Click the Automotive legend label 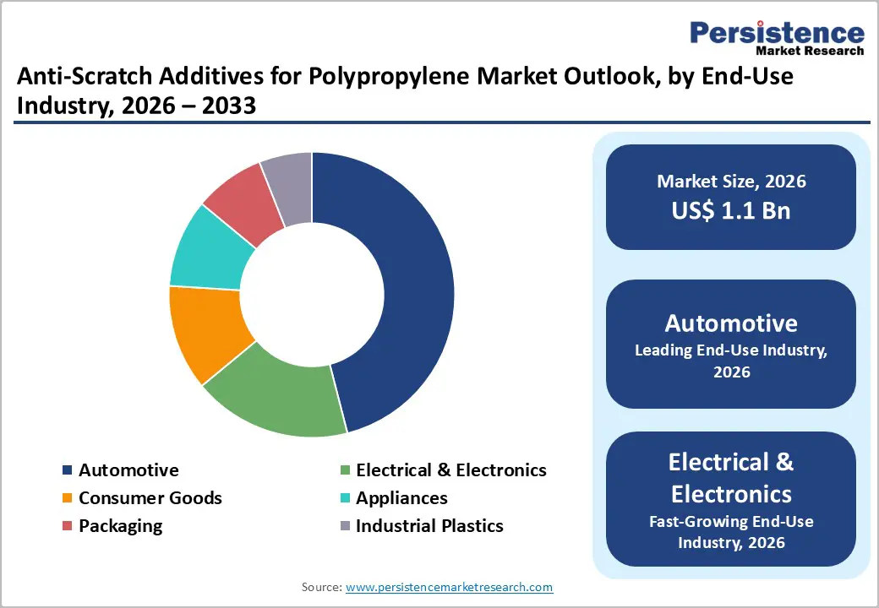click(x=128, y=470)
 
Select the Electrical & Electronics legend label click(x=450, y=470)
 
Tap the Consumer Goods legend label click(x=150, y=498)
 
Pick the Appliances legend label click(x=401, y=498)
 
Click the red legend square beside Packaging click(x=68, y=526)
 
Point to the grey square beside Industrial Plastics click(x=345, y=526)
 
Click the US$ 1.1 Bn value click(x=731, y=210)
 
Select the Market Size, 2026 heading click(x=731, y=182)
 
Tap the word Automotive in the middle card click(x=731, y=323)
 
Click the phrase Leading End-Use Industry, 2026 click(x=731, y=361)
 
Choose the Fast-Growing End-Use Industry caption click(x=731, y=532)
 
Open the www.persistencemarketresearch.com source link click(x=450, y=587)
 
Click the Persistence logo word click(x=777, y=33)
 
